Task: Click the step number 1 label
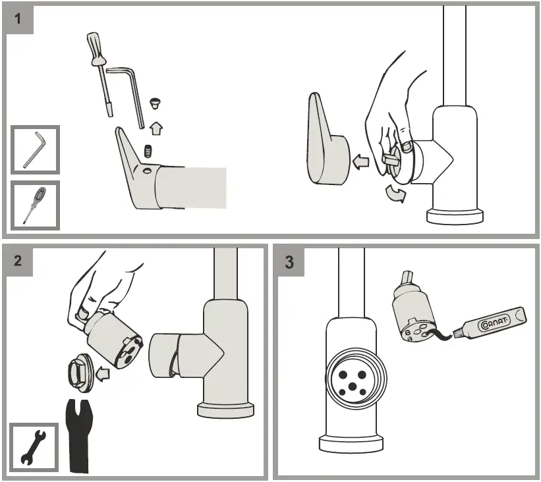click(x=18, y=18)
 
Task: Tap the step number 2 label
click(x=18, y=259)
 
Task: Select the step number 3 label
click(x=289, y=261)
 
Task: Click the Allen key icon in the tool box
click(x=35, y=149)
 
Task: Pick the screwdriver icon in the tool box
click(x=35, y=205)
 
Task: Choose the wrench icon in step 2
click(x=32, y=447)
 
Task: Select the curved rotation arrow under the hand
click(x=395, y=195)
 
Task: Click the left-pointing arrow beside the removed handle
click(x=361, y=161)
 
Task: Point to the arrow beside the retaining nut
click(x=102, y=375)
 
